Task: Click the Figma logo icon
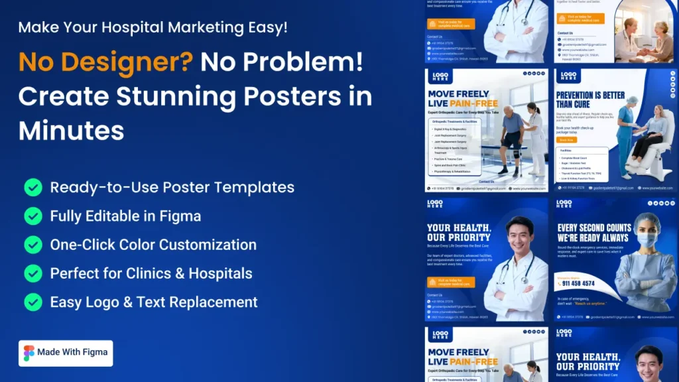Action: tap(29, 353)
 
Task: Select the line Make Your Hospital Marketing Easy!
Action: tap(153, 28)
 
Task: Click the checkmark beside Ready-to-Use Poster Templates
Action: tap(33, 188)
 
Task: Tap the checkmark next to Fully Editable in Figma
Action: tap(33, 216)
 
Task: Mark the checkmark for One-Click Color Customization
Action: tap(33, 245)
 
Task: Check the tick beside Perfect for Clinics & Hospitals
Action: tap(33, 273)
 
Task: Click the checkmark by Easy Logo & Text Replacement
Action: tap(33, 302)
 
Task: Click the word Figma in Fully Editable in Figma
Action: tap(178, 216)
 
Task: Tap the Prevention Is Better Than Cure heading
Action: tap(590, 99)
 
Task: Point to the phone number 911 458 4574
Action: tap(578, 283)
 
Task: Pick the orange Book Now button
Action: tap(567, 140)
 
